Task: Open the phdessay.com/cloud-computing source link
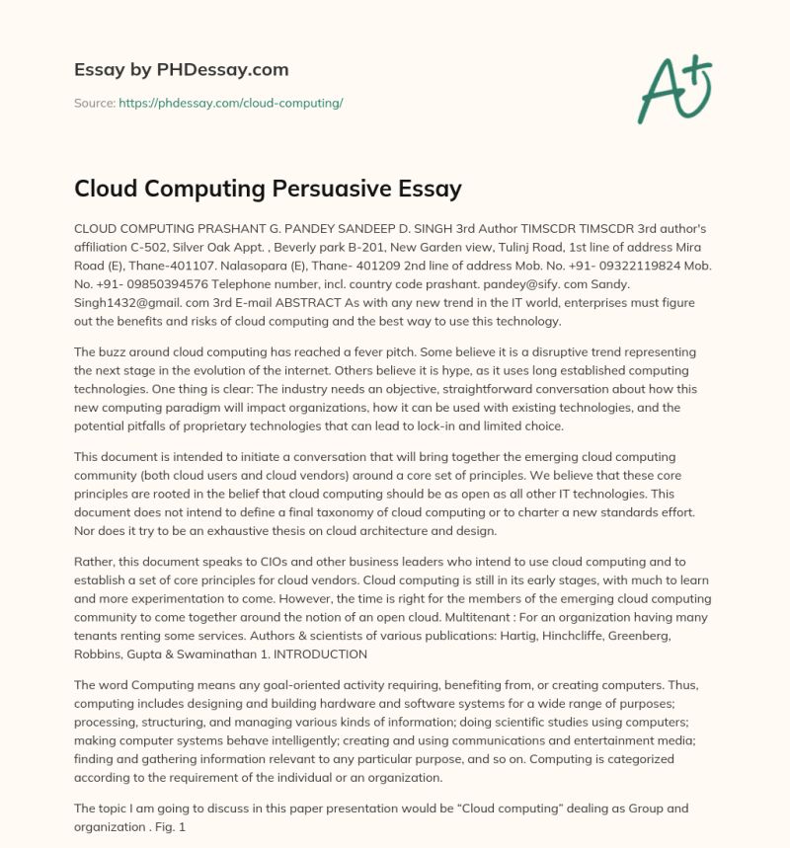click(x=231, y=103)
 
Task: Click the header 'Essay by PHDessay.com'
click(x=182, y=70)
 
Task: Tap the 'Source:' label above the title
click(x=95, y=103)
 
